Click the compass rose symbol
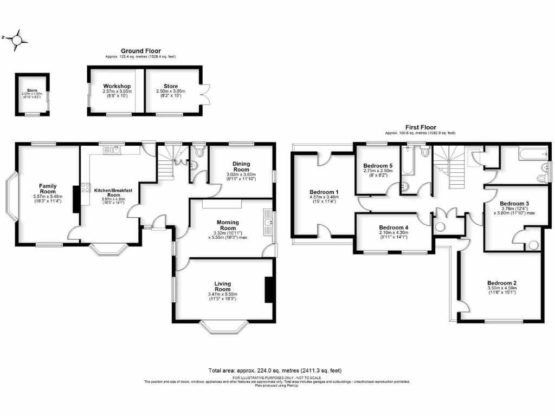[18, 40]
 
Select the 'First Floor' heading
[420, 127]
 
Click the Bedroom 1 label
[324, 192]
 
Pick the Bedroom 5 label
[377, 166]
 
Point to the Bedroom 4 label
[393, 227]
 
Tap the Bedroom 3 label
[515, 204]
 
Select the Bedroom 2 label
[501, 283]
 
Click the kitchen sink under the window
[116, 149]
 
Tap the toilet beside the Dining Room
[199, 152]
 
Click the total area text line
[275, 370]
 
